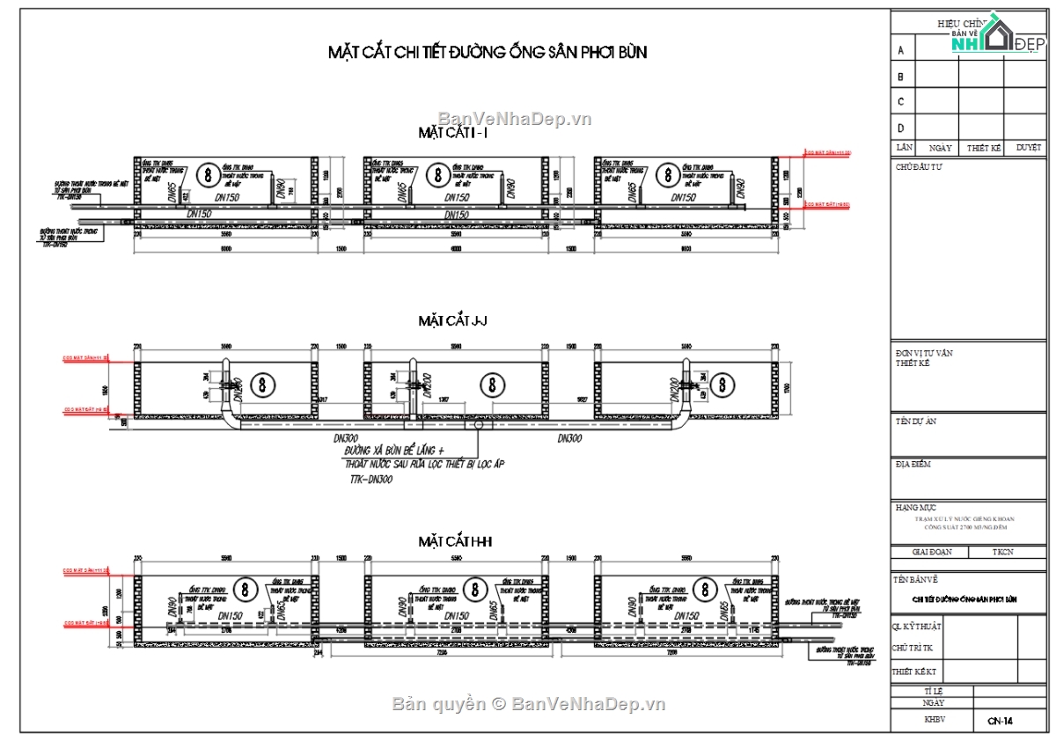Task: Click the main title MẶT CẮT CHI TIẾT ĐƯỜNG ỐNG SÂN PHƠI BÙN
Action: coord(487,53)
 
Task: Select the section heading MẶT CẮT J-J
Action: coord(452,321)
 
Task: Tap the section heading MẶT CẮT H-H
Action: coord(454,541)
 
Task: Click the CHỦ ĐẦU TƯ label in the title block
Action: coord(919,166)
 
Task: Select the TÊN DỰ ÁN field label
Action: coord(916,422)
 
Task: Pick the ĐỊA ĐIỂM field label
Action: coord(913,465)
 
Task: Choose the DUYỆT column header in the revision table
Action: coord(1027,148)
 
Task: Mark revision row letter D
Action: coord(900,128)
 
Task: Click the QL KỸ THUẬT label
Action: coord(917,627)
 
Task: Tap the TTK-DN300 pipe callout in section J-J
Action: coord(370,480)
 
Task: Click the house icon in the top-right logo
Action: coord(997,33)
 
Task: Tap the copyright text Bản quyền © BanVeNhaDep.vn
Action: coord(528,704)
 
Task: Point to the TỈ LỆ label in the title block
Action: coord(932,692)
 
